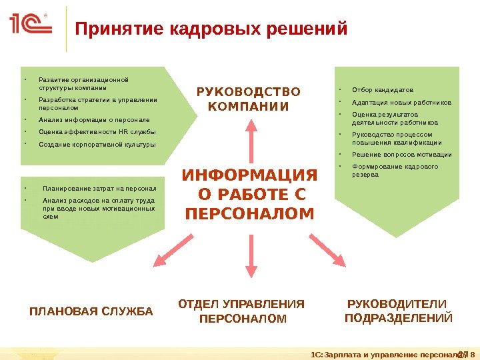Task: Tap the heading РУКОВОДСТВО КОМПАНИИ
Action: coord(248,99)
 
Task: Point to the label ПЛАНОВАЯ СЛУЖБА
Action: coord(91,311)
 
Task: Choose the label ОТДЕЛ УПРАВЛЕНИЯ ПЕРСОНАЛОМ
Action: coord(242,311)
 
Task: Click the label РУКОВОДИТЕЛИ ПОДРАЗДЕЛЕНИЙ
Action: coord(398,311)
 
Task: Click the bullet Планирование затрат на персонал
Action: coord(99,188)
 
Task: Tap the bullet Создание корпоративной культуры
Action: coord(97,144)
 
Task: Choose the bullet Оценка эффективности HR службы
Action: coord(97,132)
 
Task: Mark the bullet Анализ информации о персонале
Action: coord(94,120)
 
